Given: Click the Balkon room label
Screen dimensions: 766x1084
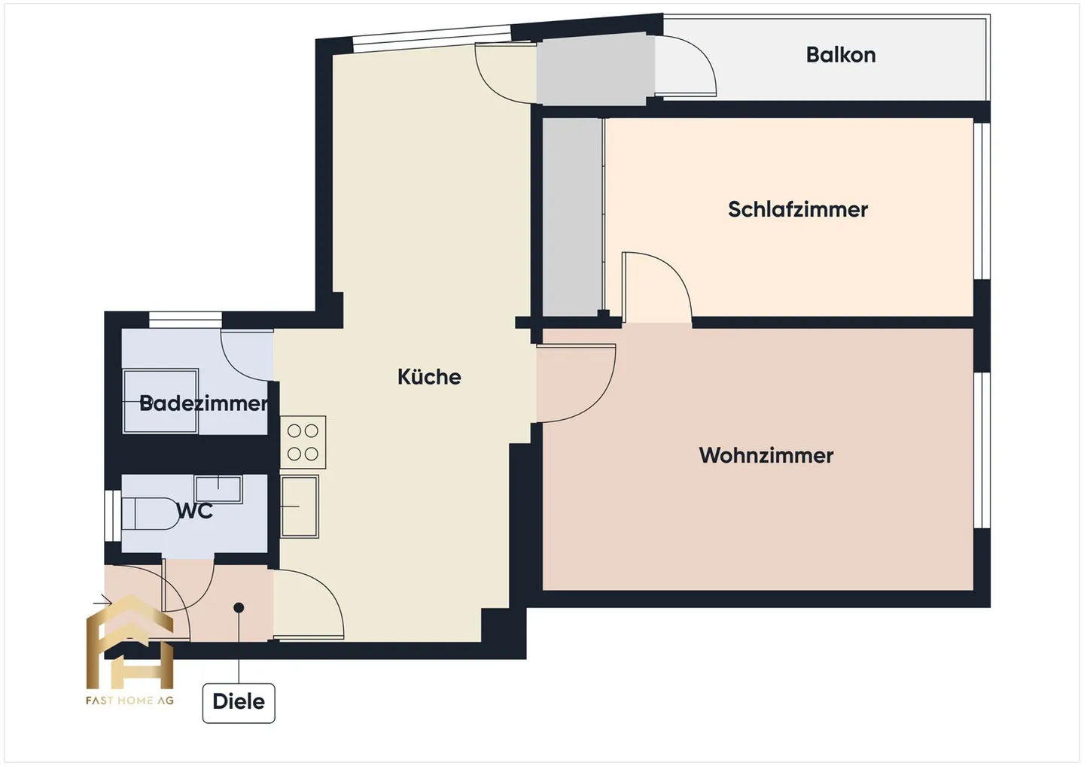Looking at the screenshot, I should click(x=840, y=55).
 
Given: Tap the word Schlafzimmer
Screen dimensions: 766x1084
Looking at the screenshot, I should click(x=797, y=209).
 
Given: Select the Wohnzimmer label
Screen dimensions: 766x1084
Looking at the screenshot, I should click(x=766, y=455).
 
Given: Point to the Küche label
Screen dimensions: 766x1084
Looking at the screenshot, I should click(x=429, y=376).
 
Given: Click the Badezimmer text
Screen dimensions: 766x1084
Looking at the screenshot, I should click(x=203, y=403).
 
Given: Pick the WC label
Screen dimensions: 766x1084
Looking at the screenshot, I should click(x=195, y=511).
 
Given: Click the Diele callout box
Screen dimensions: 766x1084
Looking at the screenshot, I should click(x=239, y=702).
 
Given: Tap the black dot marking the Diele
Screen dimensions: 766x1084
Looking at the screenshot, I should click(x=239, y=607).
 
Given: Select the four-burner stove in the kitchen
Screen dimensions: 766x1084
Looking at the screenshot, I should click(x=303, y=442).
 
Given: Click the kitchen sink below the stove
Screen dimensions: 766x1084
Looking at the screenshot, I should click(x=300, y=506).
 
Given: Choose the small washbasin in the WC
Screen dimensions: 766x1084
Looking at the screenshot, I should click(x=218, y=488).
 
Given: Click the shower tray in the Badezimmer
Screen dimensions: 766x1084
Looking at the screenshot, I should click(x=160, y=400).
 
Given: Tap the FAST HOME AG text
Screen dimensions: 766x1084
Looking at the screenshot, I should click(x=129, y=701).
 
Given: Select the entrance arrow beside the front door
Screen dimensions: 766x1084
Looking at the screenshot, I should click(x=102, y=601).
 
